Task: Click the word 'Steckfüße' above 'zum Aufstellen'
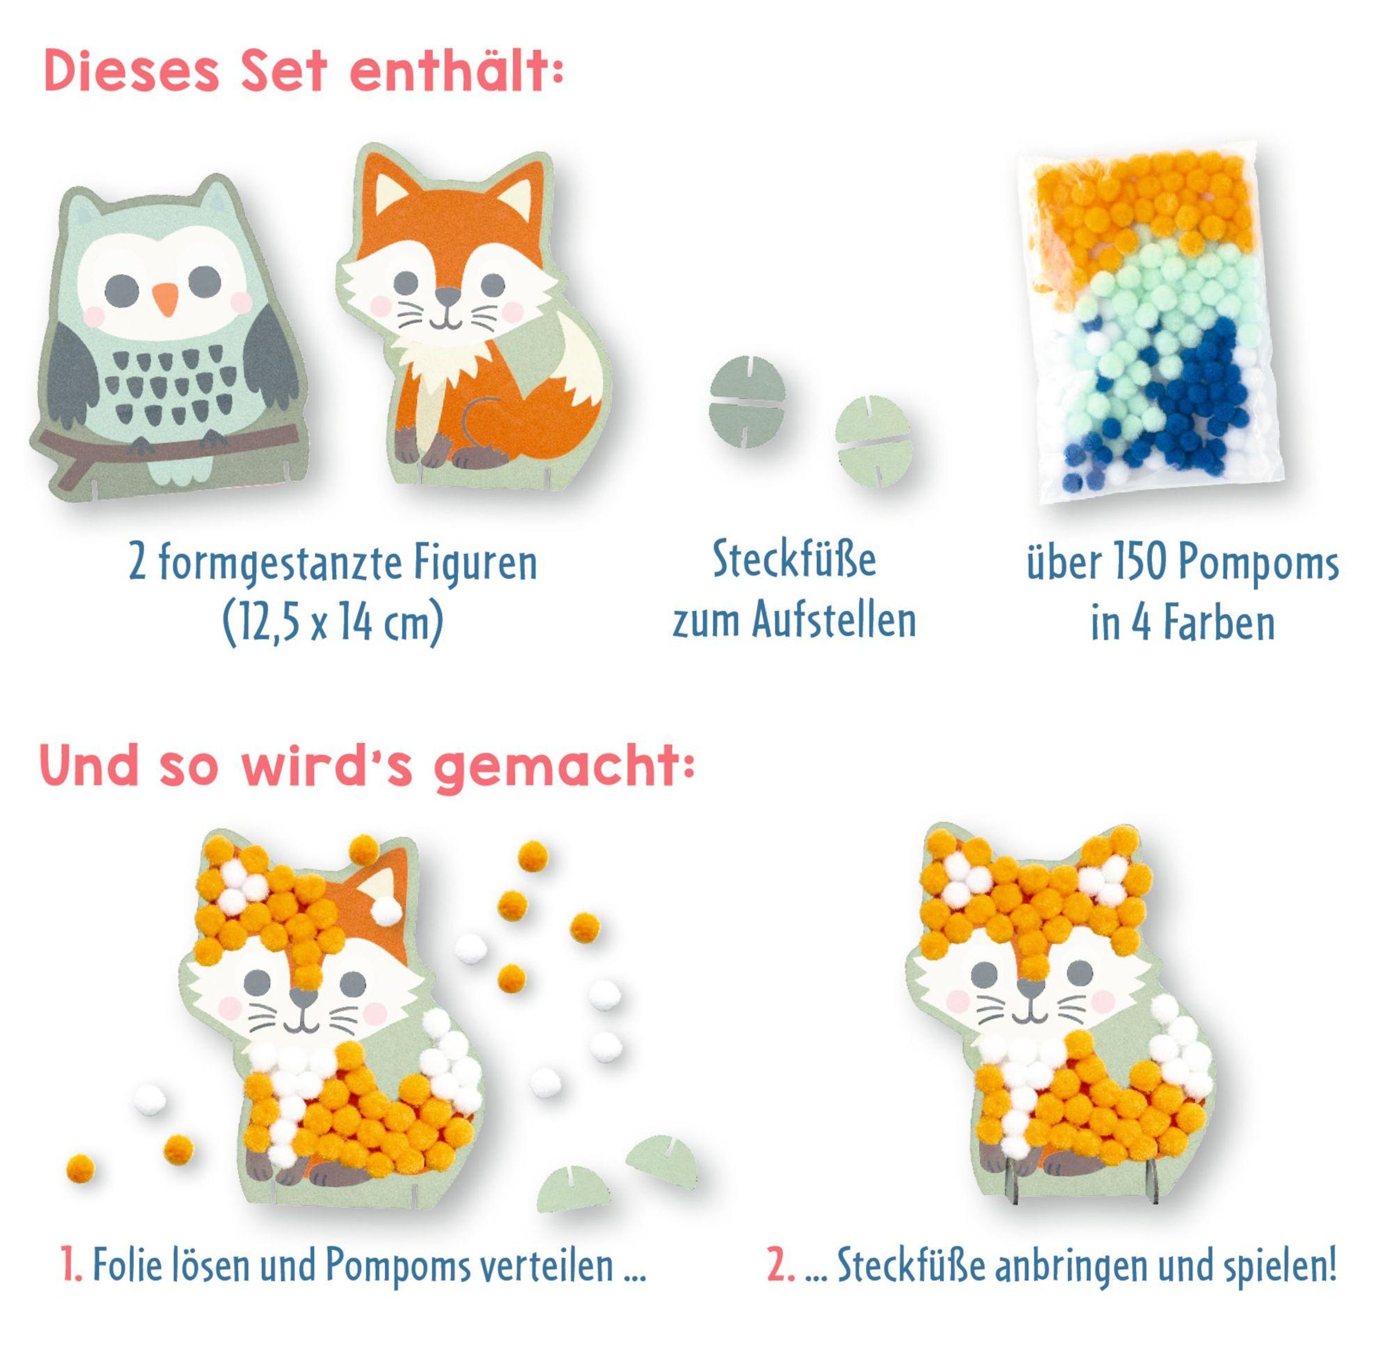tap(795, 560)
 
